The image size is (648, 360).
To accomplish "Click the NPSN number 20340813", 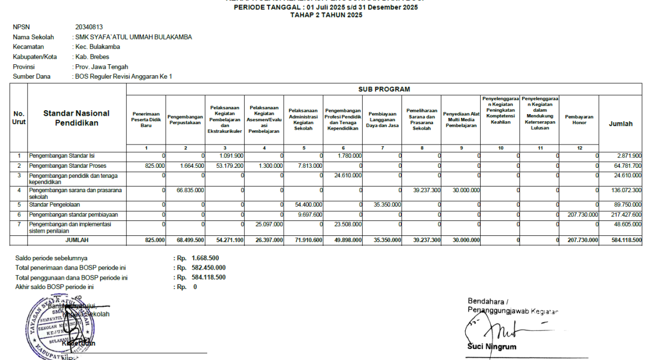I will pos(89,27).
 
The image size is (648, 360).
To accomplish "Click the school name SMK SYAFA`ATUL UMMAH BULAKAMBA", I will pos(133,37).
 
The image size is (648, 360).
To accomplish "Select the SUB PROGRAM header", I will pos(384,89).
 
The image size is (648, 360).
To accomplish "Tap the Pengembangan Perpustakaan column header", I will pos(186,120).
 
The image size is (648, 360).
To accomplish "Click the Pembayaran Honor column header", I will pos(579,120).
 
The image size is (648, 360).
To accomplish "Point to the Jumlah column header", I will pos(620,124).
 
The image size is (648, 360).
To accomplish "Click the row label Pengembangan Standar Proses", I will pos(68,166).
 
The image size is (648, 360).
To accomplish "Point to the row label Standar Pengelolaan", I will pos(55,204).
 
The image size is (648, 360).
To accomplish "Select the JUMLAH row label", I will pos(76,240).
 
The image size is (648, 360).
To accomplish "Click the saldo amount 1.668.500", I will pos(205,258).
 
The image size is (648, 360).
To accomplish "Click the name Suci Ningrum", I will pos(492,347).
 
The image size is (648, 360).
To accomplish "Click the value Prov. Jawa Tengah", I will pos(101,66).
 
